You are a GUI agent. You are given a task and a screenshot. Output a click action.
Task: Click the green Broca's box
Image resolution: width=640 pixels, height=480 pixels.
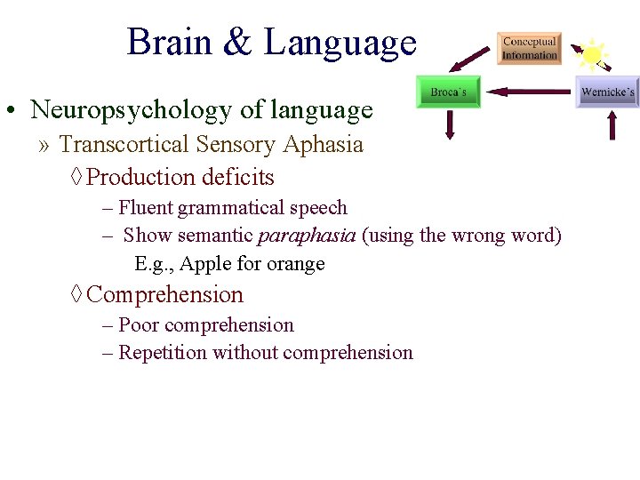click(x=449, y=92)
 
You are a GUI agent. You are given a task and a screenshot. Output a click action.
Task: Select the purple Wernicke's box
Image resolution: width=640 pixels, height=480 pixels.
click(x=607, y=92)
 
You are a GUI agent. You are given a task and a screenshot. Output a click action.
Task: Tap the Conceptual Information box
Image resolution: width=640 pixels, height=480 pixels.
click(x=529, y=48)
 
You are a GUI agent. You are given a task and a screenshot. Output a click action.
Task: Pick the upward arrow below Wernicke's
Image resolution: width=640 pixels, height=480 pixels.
click(x=612, y=124)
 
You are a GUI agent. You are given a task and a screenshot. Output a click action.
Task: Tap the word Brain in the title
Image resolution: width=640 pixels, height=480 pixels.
click(x=170, y=43)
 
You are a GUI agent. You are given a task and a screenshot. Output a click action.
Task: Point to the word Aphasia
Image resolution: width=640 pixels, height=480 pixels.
click(x=328, y=144)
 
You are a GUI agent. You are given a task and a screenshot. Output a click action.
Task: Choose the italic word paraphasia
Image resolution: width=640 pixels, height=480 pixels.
click(x=306, y=236)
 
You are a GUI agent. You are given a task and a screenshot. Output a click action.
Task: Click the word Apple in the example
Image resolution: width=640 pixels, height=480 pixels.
click(x=205, y=264)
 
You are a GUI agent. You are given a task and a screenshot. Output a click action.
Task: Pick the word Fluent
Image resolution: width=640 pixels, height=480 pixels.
click(x=146, y=208)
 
